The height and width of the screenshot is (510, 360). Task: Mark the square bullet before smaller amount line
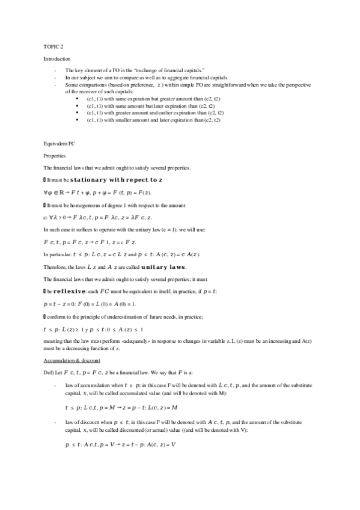(x=79, y=120)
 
